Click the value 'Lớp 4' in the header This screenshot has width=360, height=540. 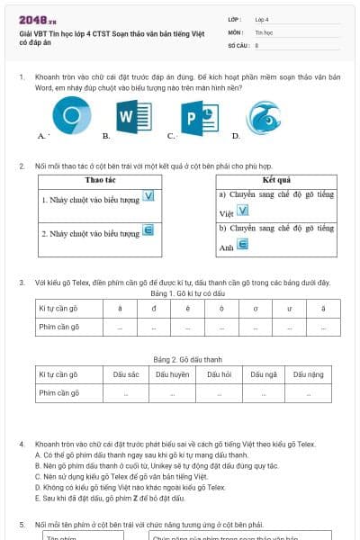pos(262,18)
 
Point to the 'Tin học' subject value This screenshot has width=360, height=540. pos(264,31)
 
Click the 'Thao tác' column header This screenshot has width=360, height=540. pos(107,181)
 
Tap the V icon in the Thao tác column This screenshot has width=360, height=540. pos(149,196)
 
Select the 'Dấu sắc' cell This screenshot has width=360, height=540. pos(127,373)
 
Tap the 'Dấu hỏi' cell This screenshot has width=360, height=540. pos(220,373)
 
